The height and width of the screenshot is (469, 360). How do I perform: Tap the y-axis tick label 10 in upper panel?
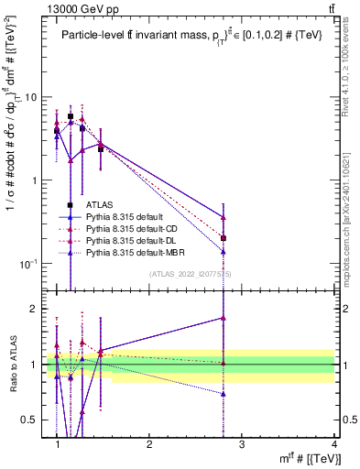(x=30, y=97)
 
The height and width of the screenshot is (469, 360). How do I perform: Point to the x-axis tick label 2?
(x=149, y=444)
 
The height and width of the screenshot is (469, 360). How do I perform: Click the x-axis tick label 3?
(x=242, y=444)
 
